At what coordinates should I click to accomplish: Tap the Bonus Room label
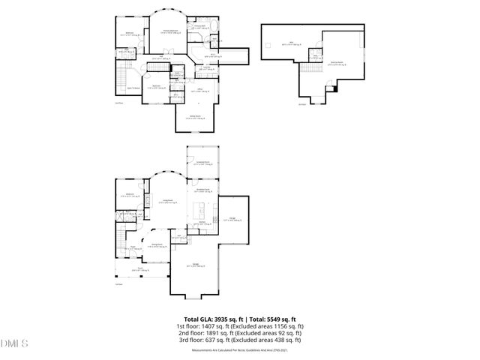[337, 64]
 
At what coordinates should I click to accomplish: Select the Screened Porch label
[201, 163]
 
